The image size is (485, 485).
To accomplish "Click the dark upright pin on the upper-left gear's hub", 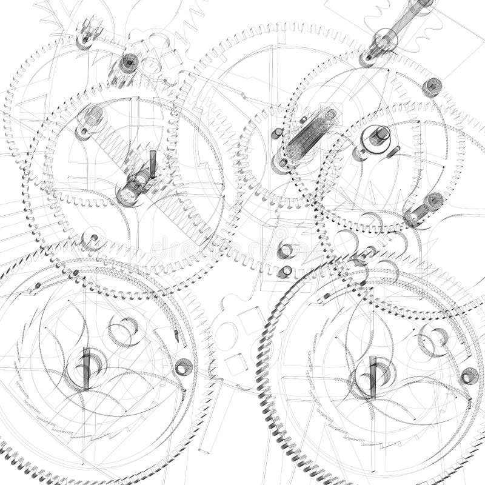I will pos(153,164).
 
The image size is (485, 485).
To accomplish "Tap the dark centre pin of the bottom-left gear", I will pos(86,364).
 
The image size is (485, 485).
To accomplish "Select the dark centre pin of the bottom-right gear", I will pos(373,369).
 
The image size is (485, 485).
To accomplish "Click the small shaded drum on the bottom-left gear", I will pos(184,366).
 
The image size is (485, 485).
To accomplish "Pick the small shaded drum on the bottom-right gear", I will pos(469,376).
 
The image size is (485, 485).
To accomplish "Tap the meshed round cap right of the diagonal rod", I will pos(432,85).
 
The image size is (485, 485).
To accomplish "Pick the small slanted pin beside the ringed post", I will pos(394,151).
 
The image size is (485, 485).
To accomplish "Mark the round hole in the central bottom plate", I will pos(226,332).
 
